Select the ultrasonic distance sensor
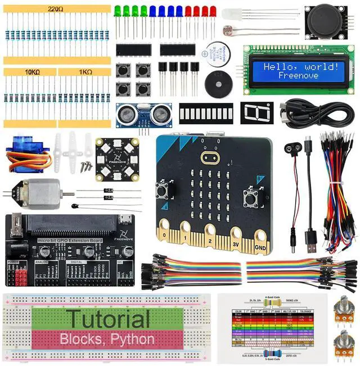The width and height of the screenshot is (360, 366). [143, 115]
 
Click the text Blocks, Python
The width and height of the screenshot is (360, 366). [107, 339]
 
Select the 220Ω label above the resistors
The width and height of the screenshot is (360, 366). [55, 10]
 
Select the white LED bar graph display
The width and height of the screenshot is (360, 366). [206, 113]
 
